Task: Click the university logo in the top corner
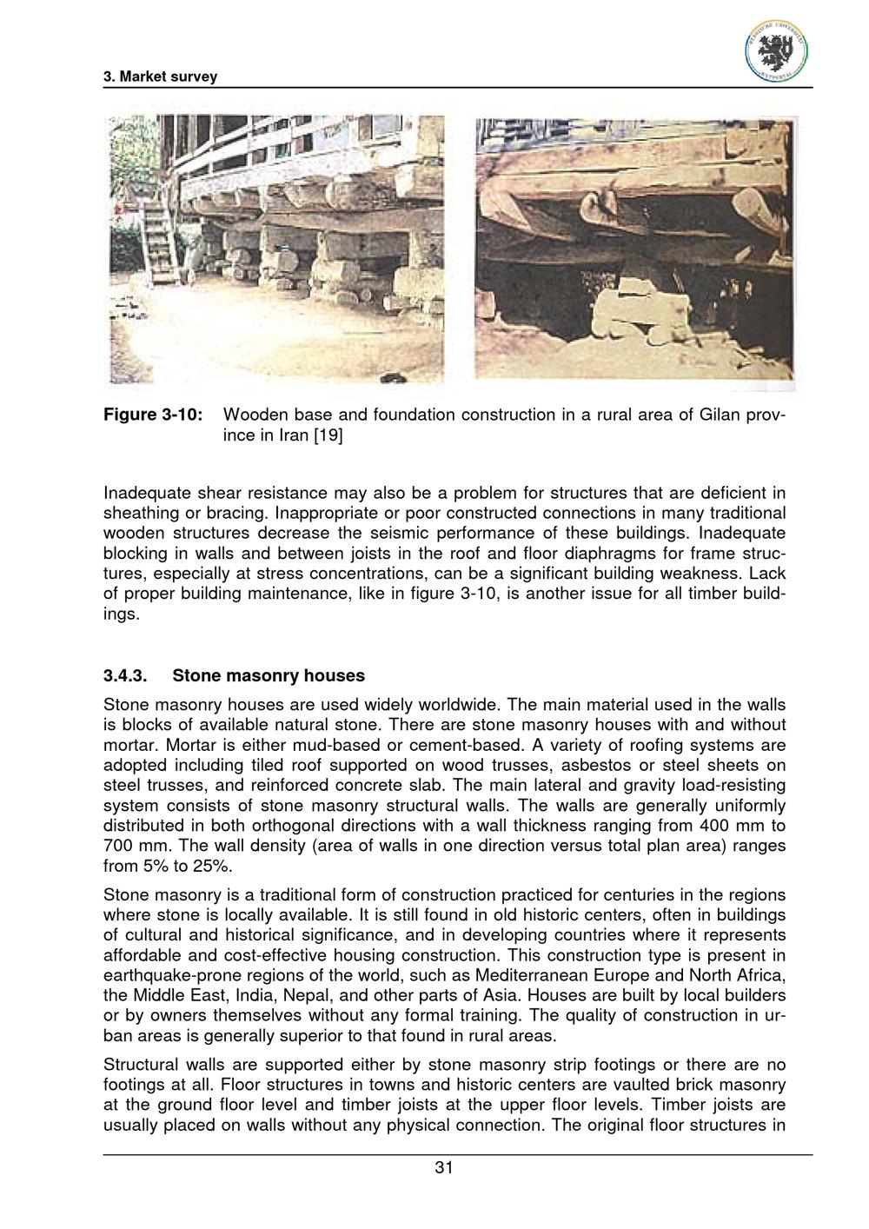pyautogui.click(x=776, y=50)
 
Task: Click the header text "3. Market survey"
pyautogui.click(x=160, y=77)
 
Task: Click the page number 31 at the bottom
pyautogui.click(x=443, y=1168)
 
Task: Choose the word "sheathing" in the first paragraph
pyautogui.click(x=141, y=514)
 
